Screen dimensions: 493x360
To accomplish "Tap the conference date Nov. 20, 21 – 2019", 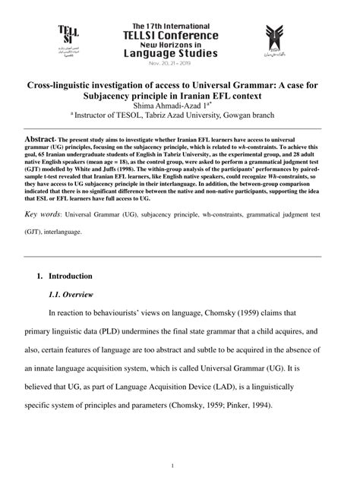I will click(x=179, y=65).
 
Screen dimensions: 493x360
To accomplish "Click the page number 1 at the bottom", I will click(x=174, y=465).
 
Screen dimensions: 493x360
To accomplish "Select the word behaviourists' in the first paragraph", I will click(x=128, y=314).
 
